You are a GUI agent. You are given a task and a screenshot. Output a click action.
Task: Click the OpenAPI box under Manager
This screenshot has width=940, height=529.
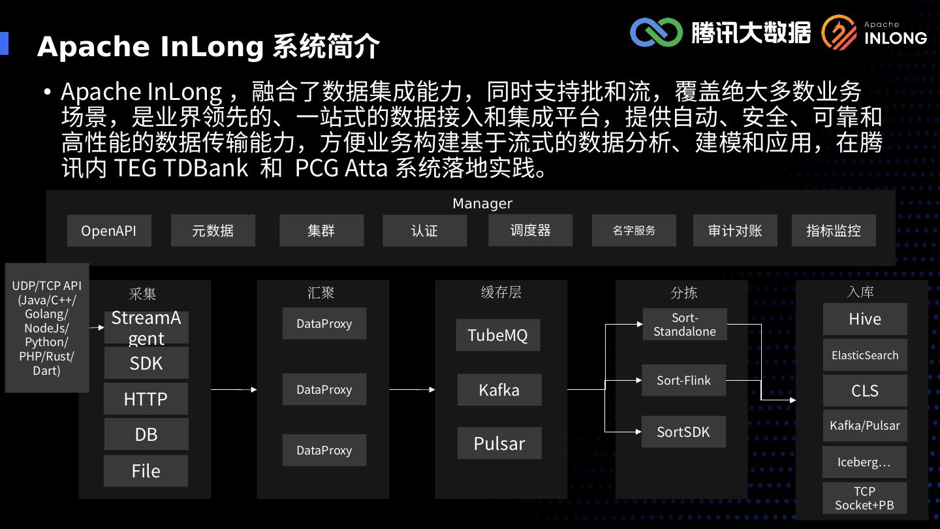(109, 231)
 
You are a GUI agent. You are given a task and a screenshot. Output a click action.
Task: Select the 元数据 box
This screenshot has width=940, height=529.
(213, 231)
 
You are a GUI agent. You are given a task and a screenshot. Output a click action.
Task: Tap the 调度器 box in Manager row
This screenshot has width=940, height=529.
(530, 230)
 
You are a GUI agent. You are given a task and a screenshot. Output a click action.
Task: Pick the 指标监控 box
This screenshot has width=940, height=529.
(833, 231)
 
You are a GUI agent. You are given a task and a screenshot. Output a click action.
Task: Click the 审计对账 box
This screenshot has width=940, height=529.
(735, 231)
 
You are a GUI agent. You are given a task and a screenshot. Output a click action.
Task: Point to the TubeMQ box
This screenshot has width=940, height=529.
(498, 335)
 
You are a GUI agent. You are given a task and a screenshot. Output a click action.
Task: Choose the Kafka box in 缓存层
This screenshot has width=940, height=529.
(499, 390)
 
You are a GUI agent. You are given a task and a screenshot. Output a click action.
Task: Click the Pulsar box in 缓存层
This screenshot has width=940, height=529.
(499, 443)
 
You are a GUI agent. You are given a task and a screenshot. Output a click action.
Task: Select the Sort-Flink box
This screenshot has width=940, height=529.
(683, 380)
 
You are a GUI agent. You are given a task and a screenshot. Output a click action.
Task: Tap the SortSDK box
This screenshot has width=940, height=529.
(683, 432)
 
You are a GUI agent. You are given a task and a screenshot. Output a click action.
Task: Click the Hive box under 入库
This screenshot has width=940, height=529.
(865, 319)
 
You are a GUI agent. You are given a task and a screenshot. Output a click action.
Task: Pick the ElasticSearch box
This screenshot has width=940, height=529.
(865, 355)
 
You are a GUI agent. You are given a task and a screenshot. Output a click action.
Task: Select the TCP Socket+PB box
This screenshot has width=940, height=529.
(865, 498)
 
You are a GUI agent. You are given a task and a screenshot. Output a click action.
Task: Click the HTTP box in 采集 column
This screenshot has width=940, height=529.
(146, 398)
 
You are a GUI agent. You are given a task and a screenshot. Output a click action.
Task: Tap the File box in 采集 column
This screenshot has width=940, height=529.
(146, 471)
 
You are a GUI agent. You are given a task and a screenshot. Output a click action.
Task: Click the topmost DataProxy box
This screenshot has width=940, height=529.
(324, 324)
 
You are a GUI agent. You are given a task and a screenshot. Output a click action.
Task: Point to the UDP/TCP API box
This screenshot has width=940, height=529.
(47, 328)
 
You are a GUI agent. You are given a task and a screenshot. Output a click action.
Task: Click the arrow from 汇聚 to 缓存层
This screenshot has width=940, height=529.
(412, 390)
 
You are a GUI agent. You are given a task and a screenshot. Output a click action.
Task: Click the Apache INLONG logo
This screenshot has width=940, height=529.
(875, 33)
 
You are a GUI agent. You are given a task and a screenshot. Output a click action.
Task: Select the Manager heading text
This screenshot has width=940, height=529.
(482, 204)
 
